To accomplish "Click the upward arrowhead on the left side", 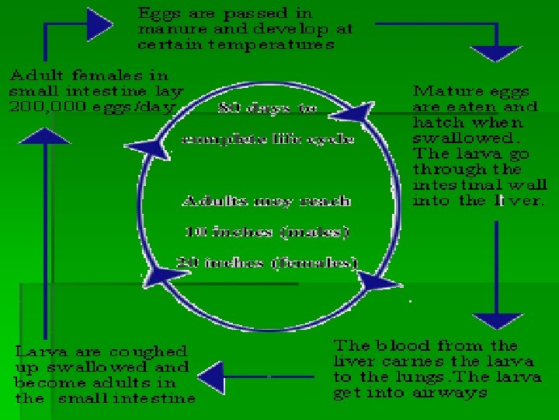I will click(34, 136).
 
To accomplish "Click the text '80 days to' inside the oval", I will click(268, 109).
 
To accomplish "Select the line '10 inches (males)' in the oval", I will click(266, 231).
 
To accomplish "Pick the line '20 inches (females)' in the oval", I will click(266, 262).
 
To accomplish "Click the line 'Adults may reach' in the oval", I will click(266, 201).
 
